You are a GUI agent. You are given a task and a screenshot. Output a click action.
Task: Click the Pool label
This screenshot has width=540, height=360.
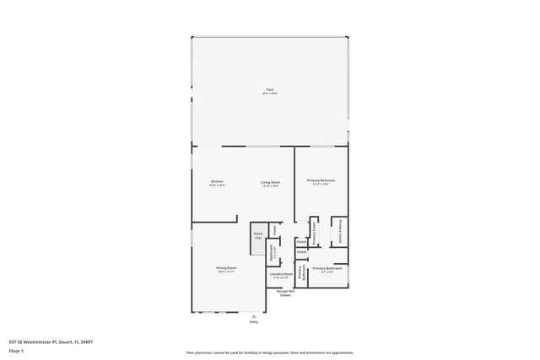(x=270, y=89)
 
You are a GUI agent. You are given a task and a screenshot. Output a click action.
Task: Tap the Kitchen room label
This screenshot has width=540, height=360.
(x=217, y=181)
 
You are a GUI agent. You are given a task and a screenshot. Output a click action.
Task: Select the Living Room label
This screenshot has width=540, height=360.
(x=270, y=181)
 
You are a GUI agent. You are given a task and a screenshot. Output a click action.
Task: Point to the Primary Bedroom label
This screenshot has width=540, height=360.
(x=321, y=180)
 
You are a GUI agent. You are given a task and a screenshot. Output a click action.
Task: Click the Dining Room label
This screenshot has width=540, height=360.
(x=226, y=267)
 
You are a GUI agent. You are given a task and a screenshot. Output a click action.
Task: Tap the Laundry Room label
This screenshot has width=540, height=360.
(x=281, y=274)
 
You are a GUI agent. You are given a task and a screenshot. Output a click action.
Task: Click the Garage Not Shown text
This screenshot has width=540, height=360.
(x=285, y=293)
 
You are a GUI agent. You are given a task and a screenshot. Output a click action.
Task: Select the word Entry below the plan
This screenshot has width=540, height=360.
(x=253, y=322)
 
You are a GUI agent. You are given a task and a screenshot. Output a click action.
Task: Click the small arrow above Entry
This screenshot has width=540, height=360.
(x=253, y=315)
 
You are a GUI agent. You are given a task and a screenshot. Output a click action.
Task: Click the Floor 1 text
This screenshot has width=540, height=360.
(x=17, y=351)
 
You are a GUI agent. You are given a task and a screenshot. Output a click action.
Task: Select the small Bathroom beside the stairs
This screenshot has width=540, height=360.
(x=272, y=250)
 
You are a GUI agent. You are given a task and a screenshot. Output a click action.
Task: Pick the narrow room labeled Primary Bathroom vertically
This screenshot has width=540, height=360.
(x=300, y=271)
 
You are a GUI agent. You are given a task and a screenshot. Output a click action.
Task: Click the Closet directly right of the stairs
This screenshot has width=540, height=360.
(x=274, y=230)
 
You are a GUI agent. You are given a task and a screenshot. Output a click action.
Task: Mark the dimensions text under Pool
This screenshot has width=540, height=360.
(x=270, y=94)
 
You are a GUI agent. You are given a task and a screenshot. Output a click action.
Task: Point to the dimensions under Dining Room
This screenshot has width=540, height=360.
(x=226, y=271)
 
